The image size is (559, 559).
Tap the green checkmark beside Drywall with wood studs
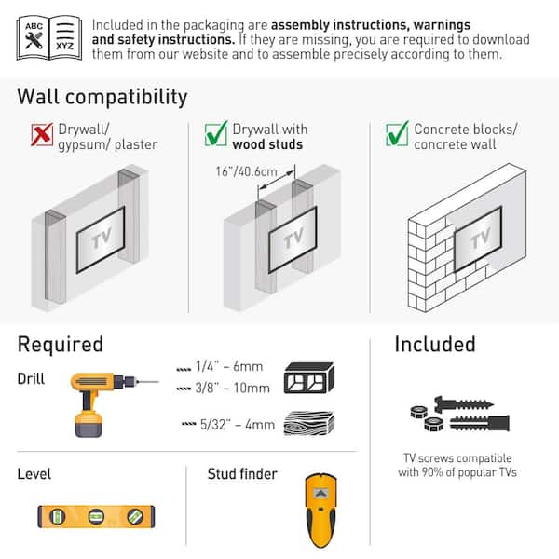point(216,135)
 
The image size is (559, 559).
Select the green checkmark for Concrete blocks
point(397,135)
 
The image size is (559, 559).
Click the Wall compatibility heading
point(102,97)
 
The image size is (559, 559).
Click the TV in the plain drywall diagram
point(101,239)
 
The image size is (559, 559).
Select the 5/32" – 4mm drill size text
point(228,425)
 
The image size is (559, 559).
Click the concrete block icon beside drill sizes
point(308,377)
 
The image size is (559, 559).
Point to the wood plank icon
point(308,424)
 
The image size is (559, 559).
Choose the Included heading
point(434,345)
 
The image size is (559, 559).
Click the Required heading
point(61,345)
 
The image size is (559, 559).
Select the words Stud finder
point(242,474)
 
